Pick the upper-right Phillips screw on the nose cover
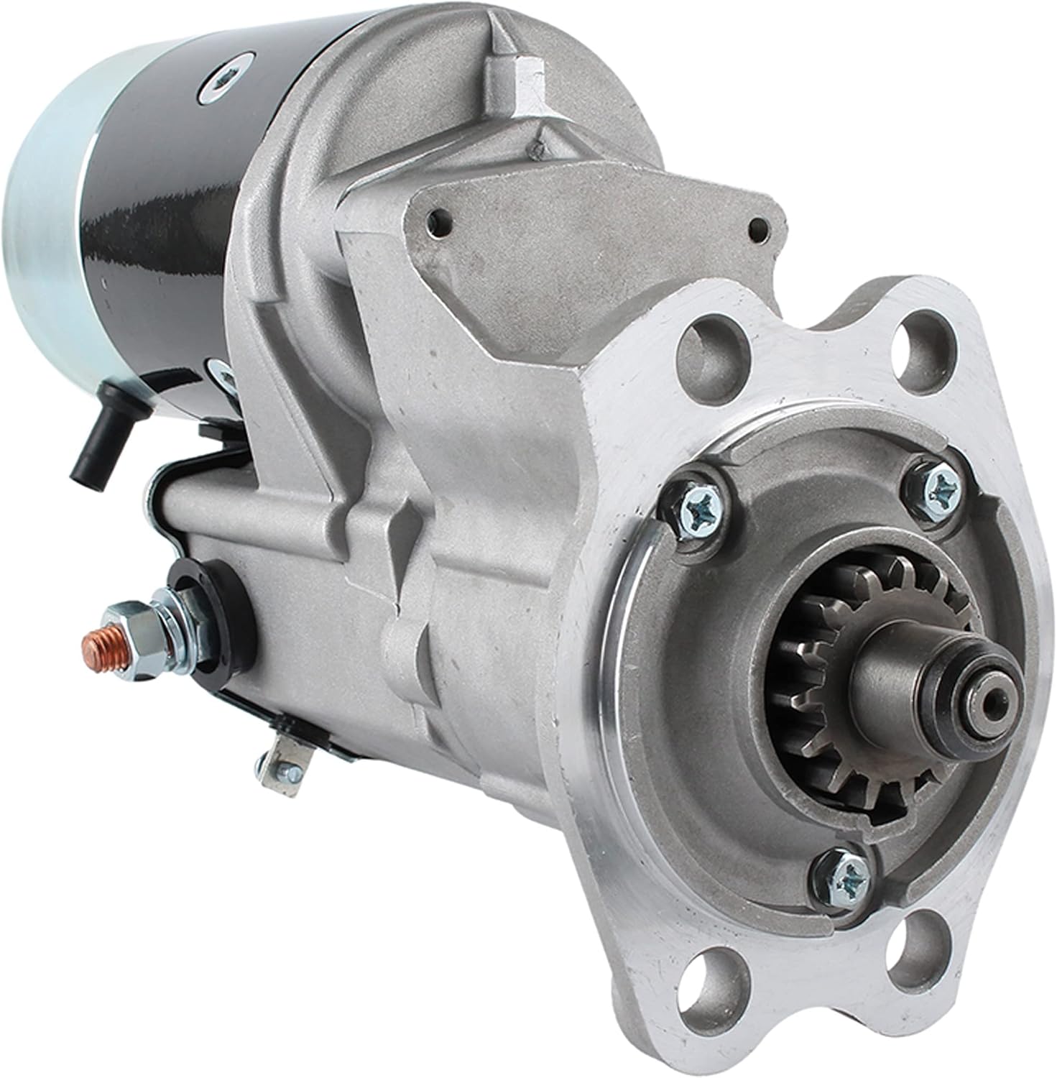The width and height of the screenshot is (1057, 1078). pyautogui.click(x=939, y=489)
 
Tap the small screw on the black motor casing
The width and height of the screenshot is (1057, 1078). pyautogui.click(x=217, y=87)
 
